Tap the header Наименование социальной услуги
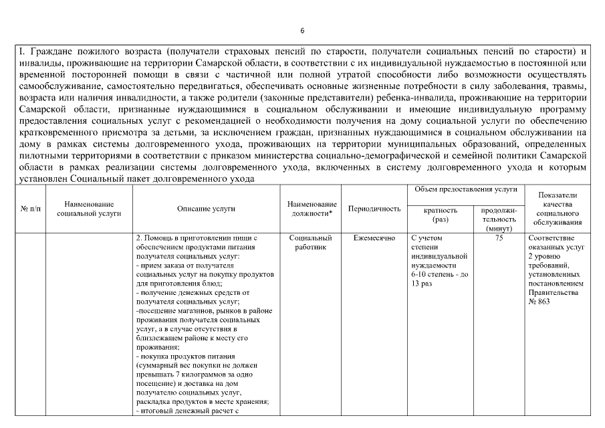coord(89,209)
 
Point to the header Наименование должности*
coord(312,209)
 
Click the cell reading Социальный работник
coord(312,242)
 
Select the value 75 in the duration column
coord(499,237)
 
